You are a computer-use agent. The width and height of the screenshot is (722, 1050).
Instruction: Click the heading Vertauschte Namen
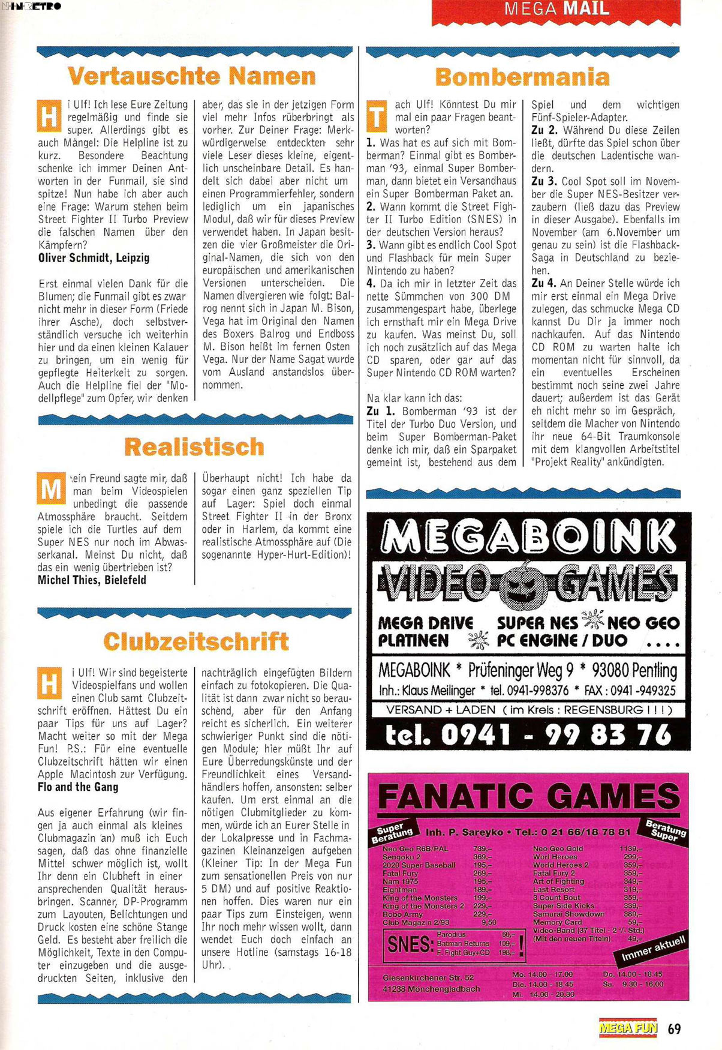point(191,76)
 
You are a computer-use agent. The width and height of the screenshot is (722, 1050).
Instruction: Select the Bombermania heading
point(522,77)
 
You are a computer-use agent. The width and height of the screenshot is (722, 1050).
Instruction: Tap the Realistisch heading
point(194,447)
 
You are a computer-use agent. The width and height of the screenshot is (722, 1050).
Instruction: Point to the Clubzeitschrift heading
point(195,641)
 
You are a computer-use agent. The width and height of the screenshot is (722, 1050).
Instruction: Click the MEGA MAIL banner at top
point(556,9)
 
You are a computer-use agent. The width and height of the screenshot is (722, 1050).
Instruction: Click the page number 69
point(674,1028)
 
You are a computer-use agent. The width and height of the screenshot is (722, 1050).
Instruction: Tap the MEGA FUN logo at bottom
point(628,1028)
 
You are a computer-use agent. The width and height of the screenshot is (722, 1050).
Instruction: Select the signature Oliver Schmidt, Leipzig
point(94,258)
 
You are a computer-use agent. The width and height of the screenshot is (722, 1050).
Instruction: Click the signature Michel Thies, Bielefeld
point(92,580)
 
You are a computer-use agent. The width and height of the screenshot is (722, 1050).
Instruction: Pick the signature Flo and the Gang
point(78,787)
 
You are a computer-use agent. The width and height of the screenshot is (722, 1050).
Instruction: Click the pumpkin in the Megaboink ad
point(523,584)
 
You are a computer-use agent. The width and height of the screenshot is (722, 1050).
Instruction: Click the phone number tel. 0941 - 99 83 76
point(528,735)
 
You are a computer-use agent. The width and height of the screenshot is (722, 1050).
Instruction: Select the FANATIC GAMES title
point(529,797)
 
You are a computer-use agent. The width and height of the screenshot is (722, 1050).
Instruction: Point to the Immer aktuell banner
point(652,948)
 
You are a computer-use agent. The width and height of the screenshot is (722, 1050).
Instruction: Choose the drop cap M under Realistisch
point(50,490)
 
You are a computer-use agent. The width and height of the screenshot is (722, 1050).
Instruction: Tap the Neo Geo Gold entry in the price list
point(558,848)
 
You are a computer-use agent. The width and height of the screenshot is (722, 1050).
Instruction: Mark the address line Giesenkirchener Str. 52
point(428,977)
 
